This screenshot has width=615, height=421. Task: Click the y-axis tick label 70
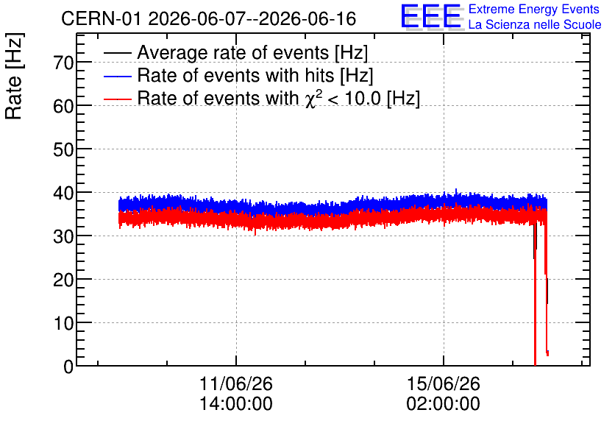pyautogui.click(x=63, y=63)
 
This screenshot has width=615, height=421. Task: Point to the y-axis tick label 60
pyautogui.click(x=63, y=106)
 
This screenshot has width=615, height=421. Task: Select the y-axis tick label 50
pyautogui.click(x=63, y=149)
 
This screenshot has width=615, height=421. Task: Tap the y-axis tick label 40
pyautogui.click(x=63, y=193)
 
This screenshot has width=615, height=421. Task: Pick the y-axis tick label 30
pyautogui.click(x=63, y=236)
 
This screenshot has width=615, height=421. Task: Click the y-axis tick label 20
pyautogui.click(x=63, y=280)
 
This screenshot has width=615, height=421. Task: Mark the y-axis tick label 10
pyautogui.click(x=63, y=324)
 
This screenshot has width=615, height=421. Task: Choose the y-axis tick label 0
pyautogui.click(x=68, y=367)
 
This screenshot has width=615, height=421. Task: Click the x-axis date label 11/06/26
pyautogui.click(x=236, y=383)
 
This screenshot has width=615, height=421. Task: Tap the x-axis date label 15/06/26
pyautogui.click(x=443, y=383)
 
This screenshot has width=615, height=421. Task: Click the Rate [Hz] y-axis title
pyautogui.click(x=14, y=76)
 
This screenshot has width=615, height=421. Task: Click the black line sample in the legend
pyautogui.click(x=118, y=52)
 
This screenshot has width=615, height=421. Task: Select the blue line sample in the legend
pyautogui.click(x=118, y=76)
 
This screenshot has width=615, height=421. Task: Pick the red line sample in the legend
pyautogui.click(x=118, y=99)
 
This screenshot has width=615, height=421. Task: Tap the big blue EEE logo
pyautogui.click(x=430, y=16)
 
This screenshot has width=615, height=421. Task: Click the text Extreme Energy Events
pyautogui.click(x=534, y=9)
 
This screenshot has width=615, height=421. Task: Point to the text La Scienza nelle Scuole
pyautogui.click(x=535, y=24)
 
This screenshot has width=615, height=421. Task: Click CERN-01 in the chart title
pyautogui.click(x=101, y=18)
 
